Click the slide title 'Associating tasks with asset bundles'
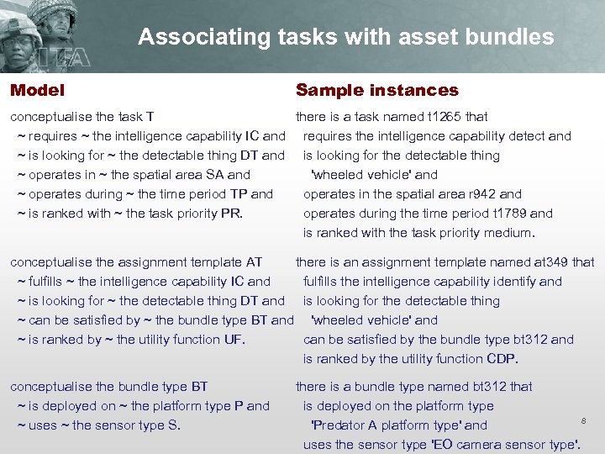pyautogui.click(x=345, y=37)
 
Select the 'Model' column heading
pyautogui.click(x=37, y=90)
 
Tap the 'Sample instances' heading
pyautogui.click(x=376, y=90)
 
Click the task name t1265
pyautogui.click(x=445, y=117)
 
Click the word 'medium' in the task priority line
pyautogui.click(x=508, y=233)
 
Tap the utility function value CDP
pyautogui.click(x=502, y=359)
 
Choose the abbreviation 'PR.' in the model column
pyautogui.click(x=231, y=214)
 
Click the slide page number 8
pyautogui.click(x=582, y=418)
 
